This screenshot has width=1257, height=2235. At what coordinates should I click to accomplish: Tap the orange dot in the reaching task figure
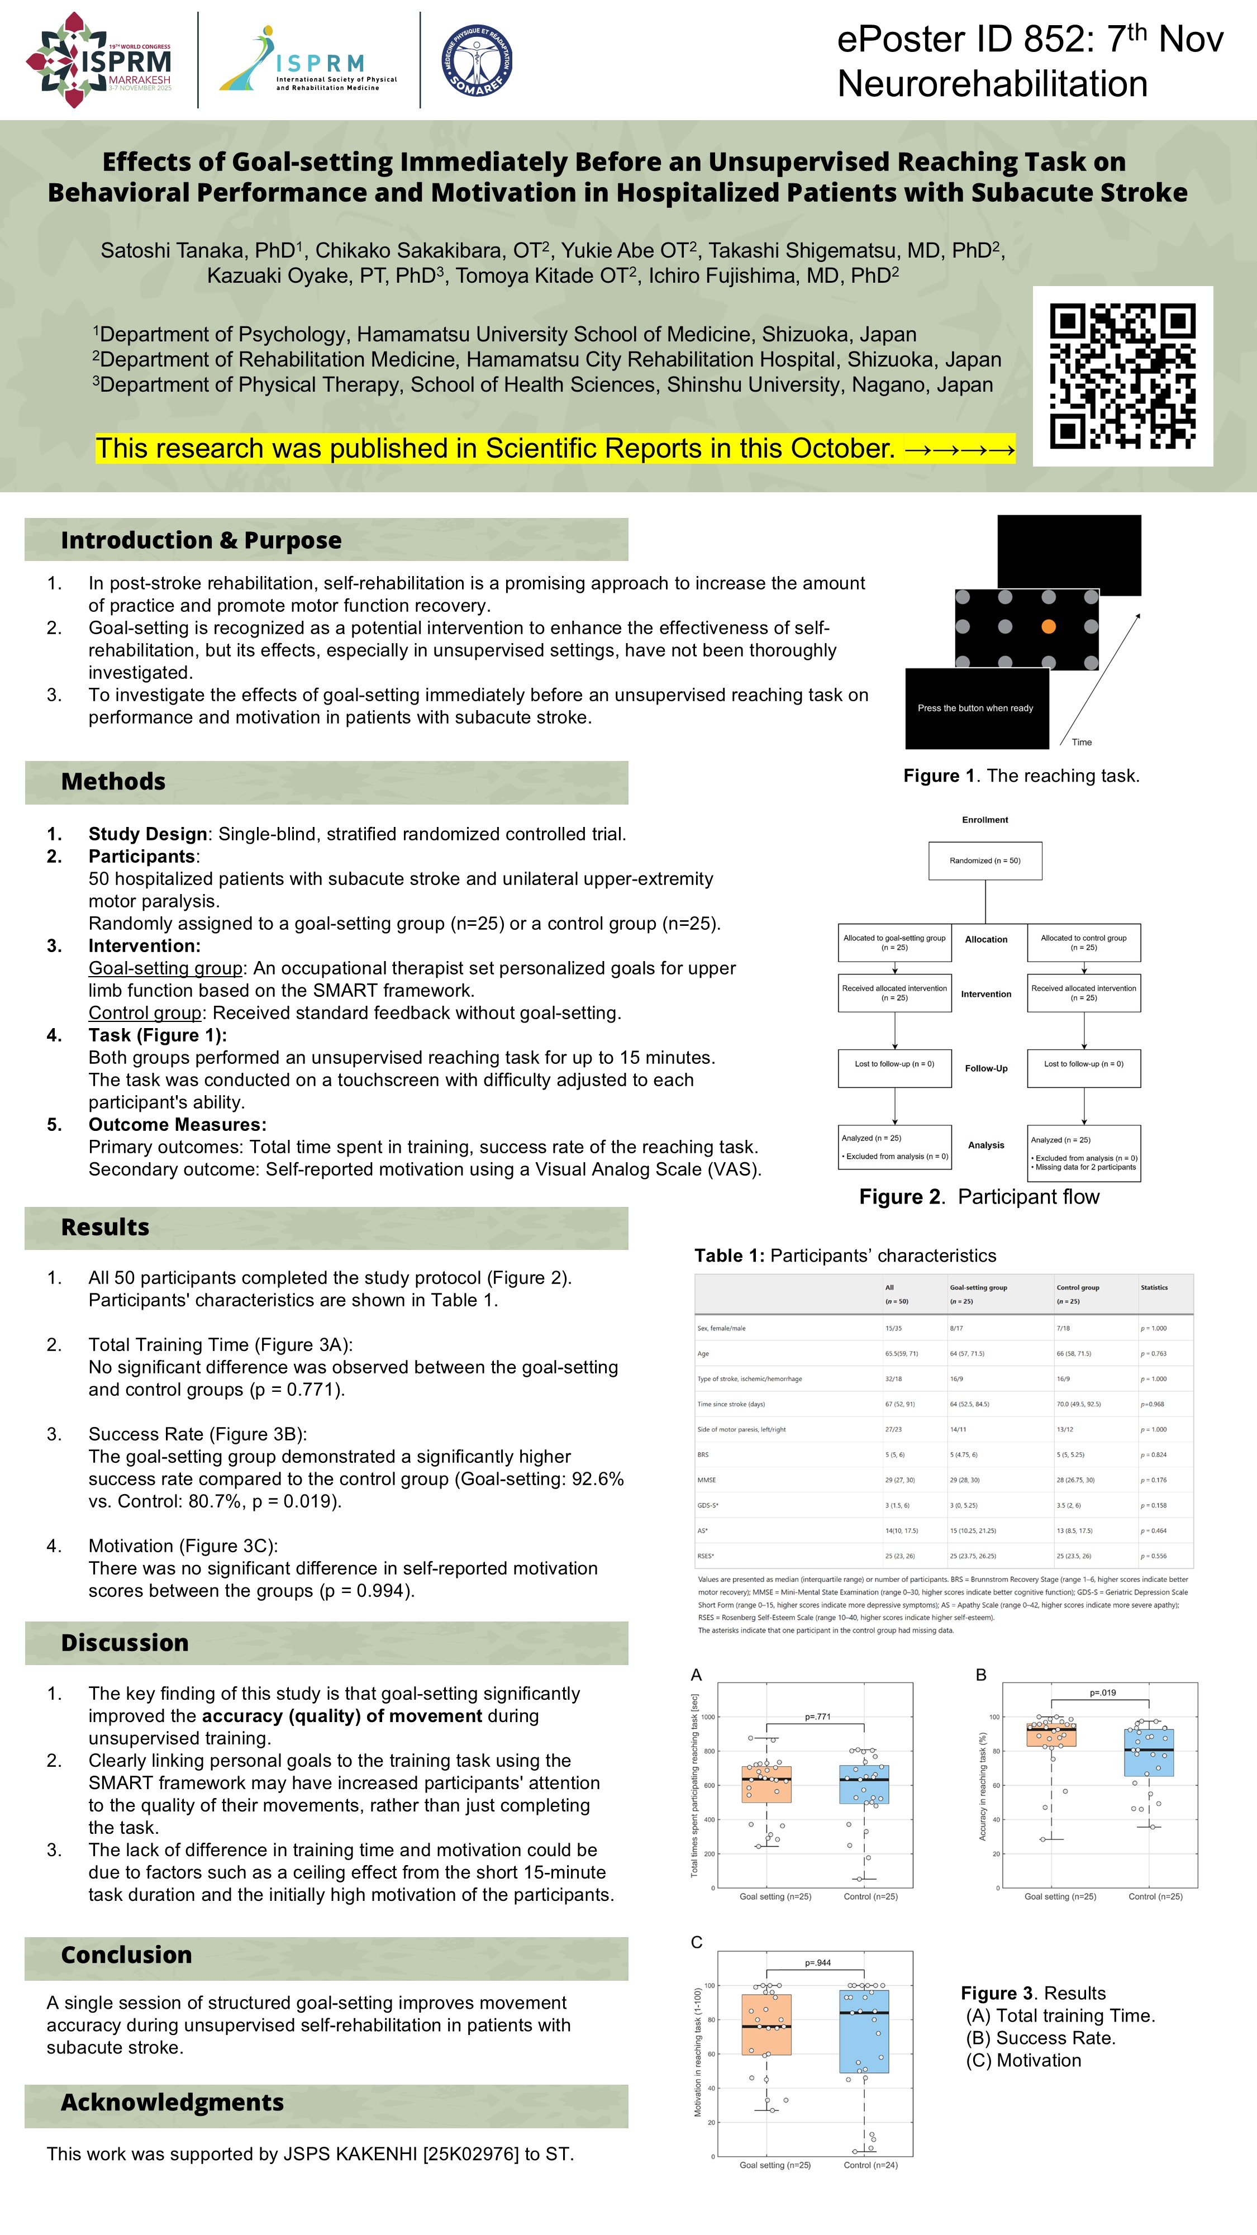[1048, 626]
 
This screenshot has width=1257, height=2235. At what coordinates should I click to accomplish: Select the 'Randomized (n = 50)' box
[984, 860]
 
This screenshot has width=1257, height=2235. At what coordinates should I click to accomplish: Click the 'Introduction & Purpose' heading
[201, 540]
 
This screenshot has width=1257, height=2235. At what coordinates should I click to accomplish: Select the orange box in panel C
[766, 2024]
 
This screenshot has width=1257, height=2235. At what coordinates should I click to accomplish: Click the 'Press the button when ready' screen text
[975, 708]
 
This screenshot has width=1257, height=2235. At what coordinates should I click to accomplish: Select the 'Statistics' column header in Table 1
[1154, 1287]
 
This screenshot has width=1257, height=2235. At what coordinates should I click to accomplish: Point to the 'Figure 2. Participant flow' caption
[979, 1197]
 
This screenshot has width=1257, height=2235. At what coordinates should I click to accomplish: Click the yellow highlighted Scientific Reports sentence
[555, 449]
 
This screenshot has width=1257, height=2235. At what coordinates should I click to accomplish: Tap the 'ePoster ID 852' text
[959, 40]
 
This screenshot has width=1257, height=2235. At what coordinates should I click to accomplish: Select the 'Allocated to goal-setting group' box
[894, 943]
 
